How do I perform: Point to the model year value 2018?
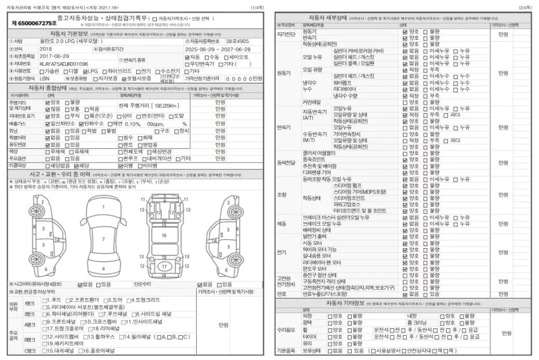coord(46,49)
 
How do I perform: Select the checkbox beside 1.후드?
coord(45,299)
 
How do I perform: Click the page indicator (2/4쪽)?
coord(524,6)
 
